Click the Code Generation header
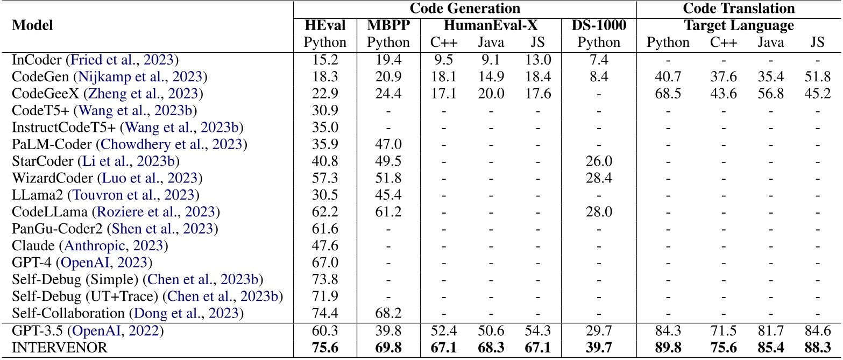pos(465,8)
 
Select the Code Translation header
pos(739,8)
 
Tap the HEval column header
pos(325,25)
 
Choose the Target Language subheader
pos(739,25)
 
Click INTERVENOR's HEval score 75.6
pos(325,348)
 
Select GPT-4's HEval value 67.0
pos(325,263)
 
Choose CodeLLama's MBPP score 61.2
pos(388,213)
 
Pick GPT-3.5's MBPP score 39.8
pos(388,331)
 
